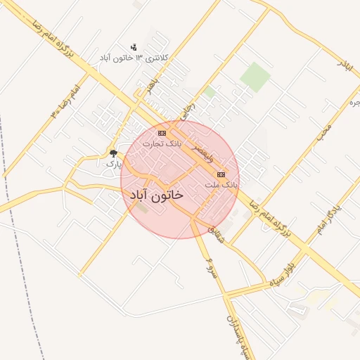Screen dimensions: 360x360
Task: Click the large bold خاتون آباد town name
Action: [153, 193]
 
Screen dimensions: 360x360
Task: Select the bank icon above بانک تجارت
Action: [162, 133]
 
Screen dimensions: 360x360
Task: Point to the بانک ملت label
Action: [221, 184]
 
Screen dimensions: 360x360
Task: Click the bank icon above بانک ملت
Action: [221, 174]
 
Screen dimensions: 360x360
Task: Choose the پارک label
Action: [113, 163]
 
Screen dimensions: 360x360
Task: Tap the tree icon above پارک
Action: [113, 153]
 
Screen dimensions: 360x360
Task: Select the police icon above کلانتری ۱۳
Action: [134, 46]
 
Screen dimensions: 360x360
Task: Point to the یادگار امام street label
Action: [328, 218]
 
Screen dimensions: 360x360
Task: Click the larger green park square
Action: [255, 77]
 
